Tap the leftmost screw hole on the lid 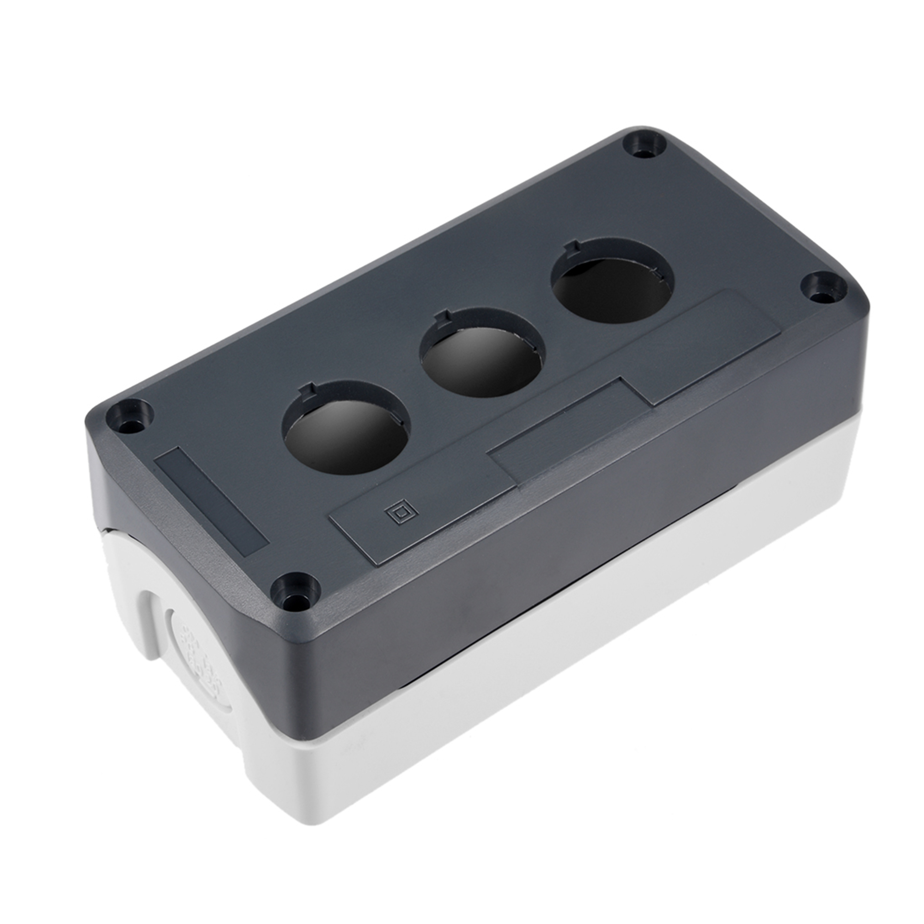coord(134,415)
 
